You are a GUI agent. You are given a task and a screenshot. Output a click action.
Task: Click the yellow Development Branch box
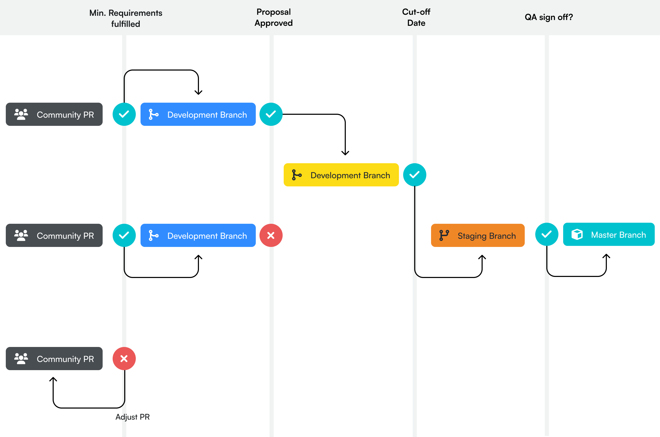point(341,175)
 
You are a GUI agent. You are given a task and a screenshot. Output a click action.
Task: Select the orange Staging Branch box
point(478,236)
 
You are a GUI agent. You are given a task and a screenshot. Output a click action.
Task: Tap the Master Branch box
point(608,234)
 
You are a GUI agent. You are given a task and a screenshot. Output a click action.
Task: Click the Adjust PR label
point(133,417)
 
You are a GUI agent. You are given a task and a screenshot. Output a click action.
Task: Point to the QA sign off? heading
point(549,17)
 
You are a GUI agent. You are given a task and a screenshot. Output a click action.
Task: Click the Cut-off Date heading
point(416,17)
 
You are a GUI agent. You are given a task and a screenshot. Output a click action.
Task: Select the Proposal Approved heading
point(273,17)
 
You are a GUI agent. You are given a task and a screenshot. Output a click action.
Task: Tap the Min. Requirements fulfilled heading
point(126,18)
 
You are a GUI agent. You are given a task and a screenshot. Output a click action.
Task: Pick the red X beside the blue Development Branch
point(271,236)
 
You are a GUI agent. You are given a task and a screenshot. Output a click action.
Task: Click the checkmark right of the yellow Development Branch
point(414,175)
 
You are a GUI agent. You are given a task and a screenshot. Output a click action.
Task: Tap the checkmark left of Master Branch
point(547,234)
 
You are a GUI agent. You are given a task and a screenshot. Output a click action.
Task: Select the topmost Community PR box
point(54,114)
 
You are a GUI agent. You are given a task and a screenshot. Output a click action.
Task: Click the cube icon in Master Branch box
point(577,234)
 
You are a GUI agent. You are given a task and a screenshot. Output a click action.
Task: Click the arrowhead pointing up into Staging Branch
point(482,257)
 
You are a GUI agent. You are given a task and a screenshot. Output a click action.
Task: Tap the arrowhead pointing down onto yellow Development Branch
point(345,153)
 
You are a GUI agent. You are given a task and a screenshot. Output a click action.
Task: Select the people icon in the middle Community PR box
point(21,236)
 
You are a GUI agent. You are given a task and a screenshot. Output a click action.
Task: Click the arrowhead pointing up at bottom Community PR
point(53,379)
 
